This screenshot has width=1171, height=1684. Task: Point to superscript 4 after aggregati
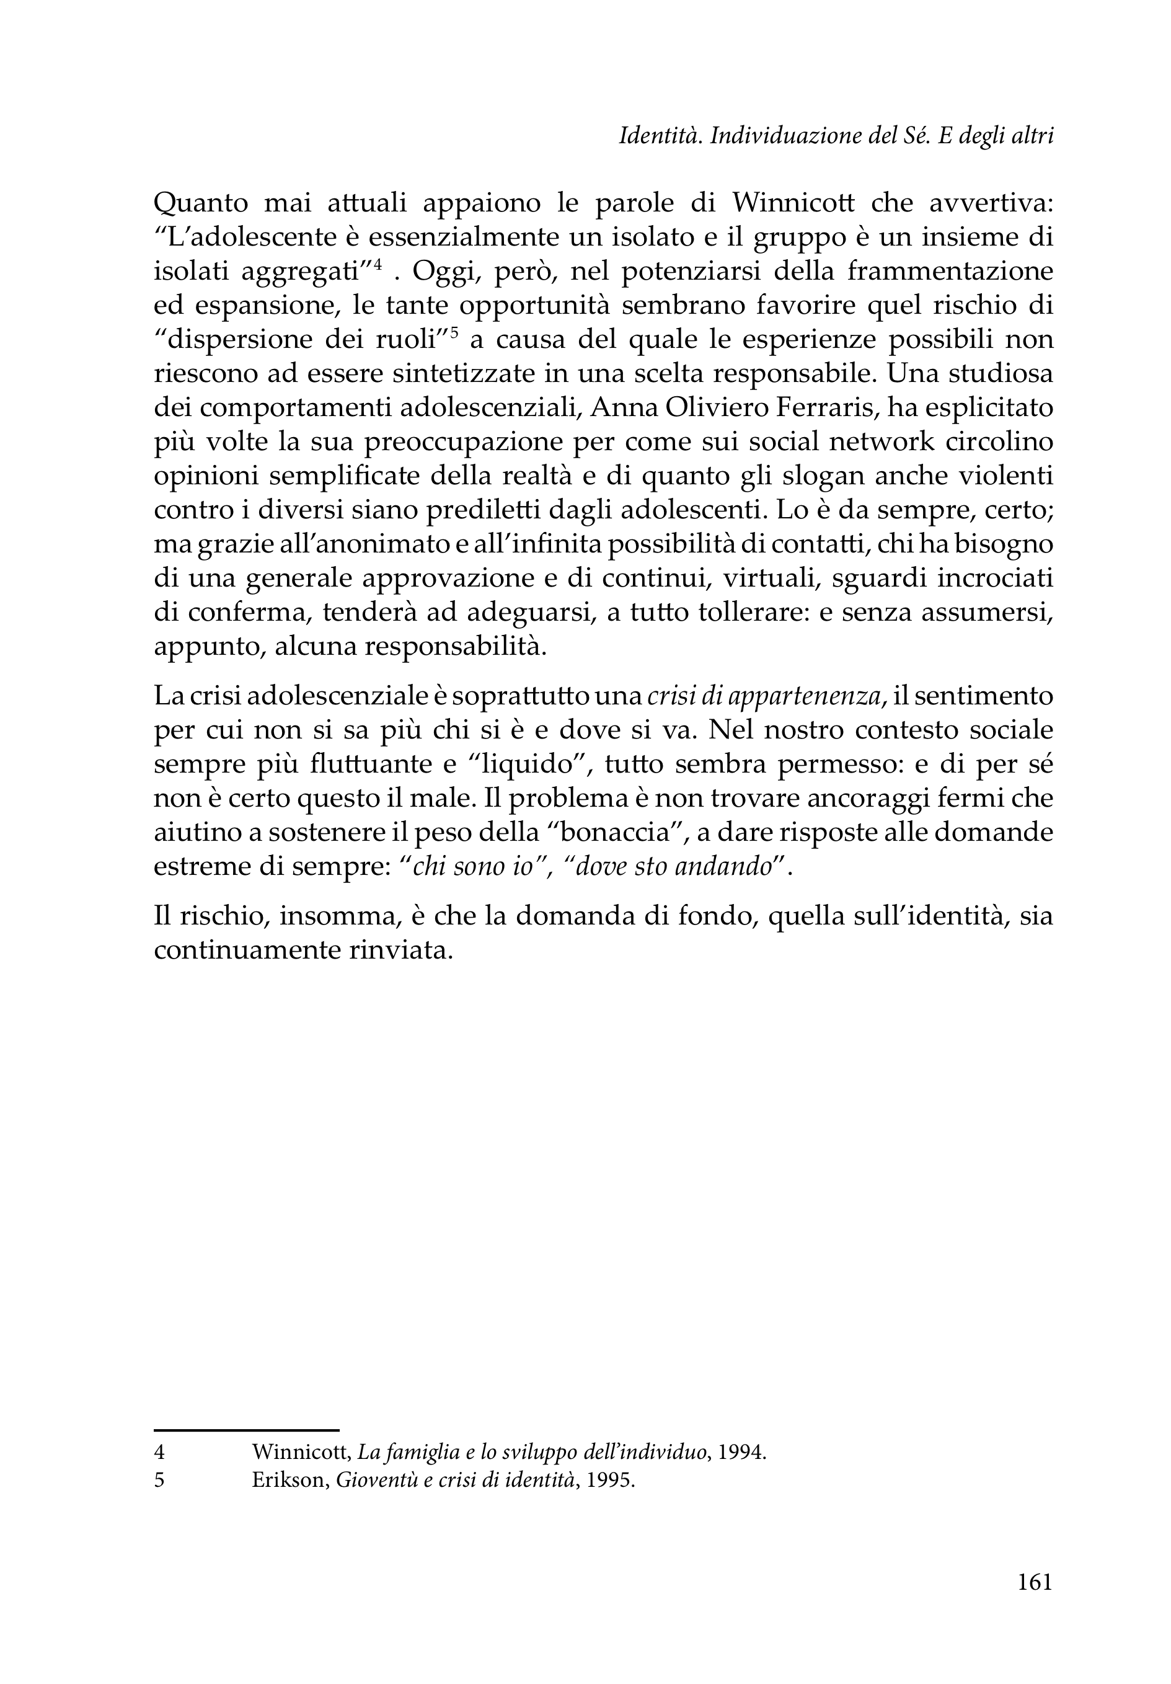pos(378,265)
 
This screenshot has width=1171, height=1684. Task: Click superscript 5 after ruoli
pos(453,332)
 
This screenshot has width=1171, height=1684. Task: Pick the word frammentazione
pos(950,272)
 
